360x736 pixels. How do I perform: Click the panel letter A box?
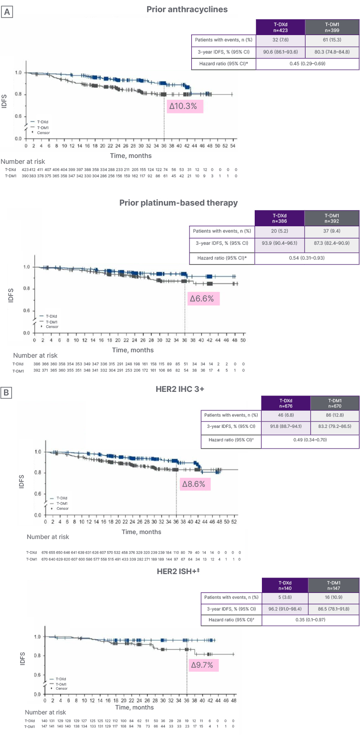(7, 12)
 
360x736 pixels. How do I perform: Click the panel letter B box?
(6, 393)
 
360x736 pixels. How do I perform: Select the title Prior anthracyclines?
(187, 9)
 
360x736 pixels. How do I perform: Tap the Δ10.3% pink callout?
(183, 106)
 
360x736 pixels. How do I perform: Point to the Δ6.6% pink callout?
(202, 299)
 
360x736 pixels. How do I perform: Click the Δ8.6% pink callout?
(194, 484)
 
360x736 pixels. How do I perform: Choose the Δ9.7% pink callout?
(202, 665)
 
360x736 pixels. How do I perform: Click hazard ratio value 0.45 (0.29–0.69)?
(307, 64)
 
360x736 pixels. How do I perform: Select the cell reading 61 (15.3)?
(332, 40)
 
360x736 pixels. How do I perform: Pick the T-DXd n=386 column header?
(279, 218)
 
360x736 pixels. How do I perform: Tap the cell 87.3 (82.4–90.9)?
(332, 243)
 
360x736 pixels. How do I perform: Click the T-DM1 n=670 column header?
(335, 403)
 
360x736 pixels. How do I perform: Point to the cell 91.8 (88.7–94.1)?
(286, 426)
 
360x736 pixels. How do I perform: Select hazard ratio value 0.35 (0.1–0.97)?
(310, 620)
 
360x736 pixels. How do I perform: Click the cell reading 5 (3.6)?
(285, 597)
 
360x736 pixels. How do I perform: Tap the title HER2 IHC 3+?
(180, 389)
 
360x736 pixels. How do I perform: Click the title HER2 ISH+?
(178, 571)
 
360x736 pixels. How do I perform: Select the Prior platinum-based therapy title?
(178, 203)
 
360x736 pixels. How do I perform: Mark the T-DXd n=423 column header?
(281, 27)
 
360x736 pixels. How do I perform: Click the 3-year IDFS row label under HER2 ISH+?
(231, 609)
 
